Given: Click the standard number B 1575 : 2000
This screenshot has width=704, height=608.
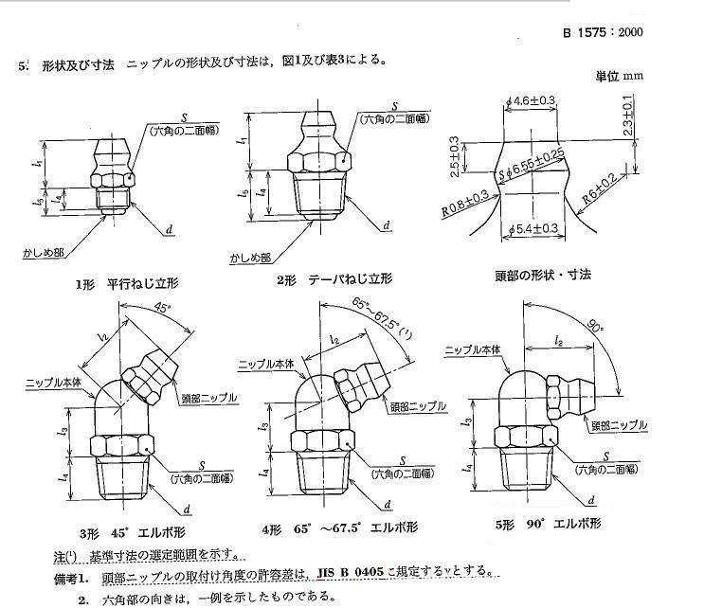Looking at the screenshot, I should point(603,32).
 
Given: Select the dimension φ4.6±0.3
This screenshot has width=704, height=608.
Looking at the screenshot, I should point(534,99).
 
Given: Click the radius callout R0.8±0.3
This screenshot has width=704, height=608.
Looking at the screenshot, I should point(465,206).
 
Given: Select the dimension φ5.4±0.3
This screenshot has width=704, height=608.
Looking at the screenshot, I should point(535,228).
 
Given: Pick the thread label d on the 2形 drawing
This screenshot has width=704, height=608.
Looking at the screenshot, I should point(387,225).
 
